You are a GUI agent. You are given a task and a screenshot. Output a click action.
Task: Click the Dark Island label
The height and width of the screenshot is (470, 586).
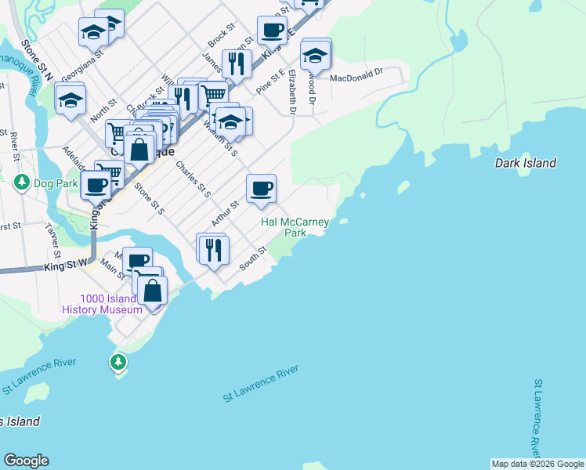(526, 163)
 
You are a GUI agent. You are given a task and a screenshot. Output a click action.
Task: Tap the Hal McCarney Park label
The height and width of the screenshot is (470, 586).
(295, 227)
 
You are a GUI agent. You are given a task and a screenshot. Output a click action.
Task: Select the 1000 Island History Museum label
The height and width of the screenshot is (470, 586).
(103, 304)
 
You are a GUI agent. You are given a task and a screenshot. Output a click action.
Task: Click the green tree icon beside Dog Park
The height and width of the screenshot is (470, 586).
(22, 183)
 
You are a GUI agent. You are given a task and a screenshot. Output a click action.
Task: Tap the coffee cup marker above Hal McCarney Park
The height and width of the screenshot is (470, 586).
(262, 188)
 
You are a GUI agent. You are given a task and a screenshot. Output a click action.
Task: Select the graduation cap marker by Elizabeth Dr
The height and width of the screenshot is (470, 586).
(315, 56)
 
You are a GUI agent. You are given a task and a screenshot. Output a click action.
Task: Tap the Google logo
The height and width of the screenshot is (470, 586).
(26, 461)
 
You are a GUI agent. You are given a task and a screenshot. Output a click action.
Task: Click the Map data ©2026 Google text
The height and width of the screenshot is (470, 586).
(537, 464)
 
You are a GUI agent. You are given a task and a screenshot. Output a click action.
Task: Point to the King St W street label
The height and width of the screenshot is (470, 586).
(65, 266)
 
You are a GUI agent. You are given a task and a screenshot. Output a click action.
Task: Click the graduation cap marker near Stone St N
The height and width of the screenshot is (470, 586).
(71, 100)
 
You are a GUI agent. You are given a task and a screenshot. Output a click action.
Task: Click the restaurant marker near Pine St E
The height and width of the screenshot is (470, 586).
(237, 63)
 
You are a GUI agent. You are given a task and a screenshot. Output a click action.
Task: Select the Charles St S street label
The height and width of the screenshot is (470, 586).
(194, 179)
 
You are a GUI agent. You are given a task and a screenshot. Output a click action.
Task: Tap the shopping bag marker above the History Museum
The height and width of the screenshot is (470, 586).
(152, 290)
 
